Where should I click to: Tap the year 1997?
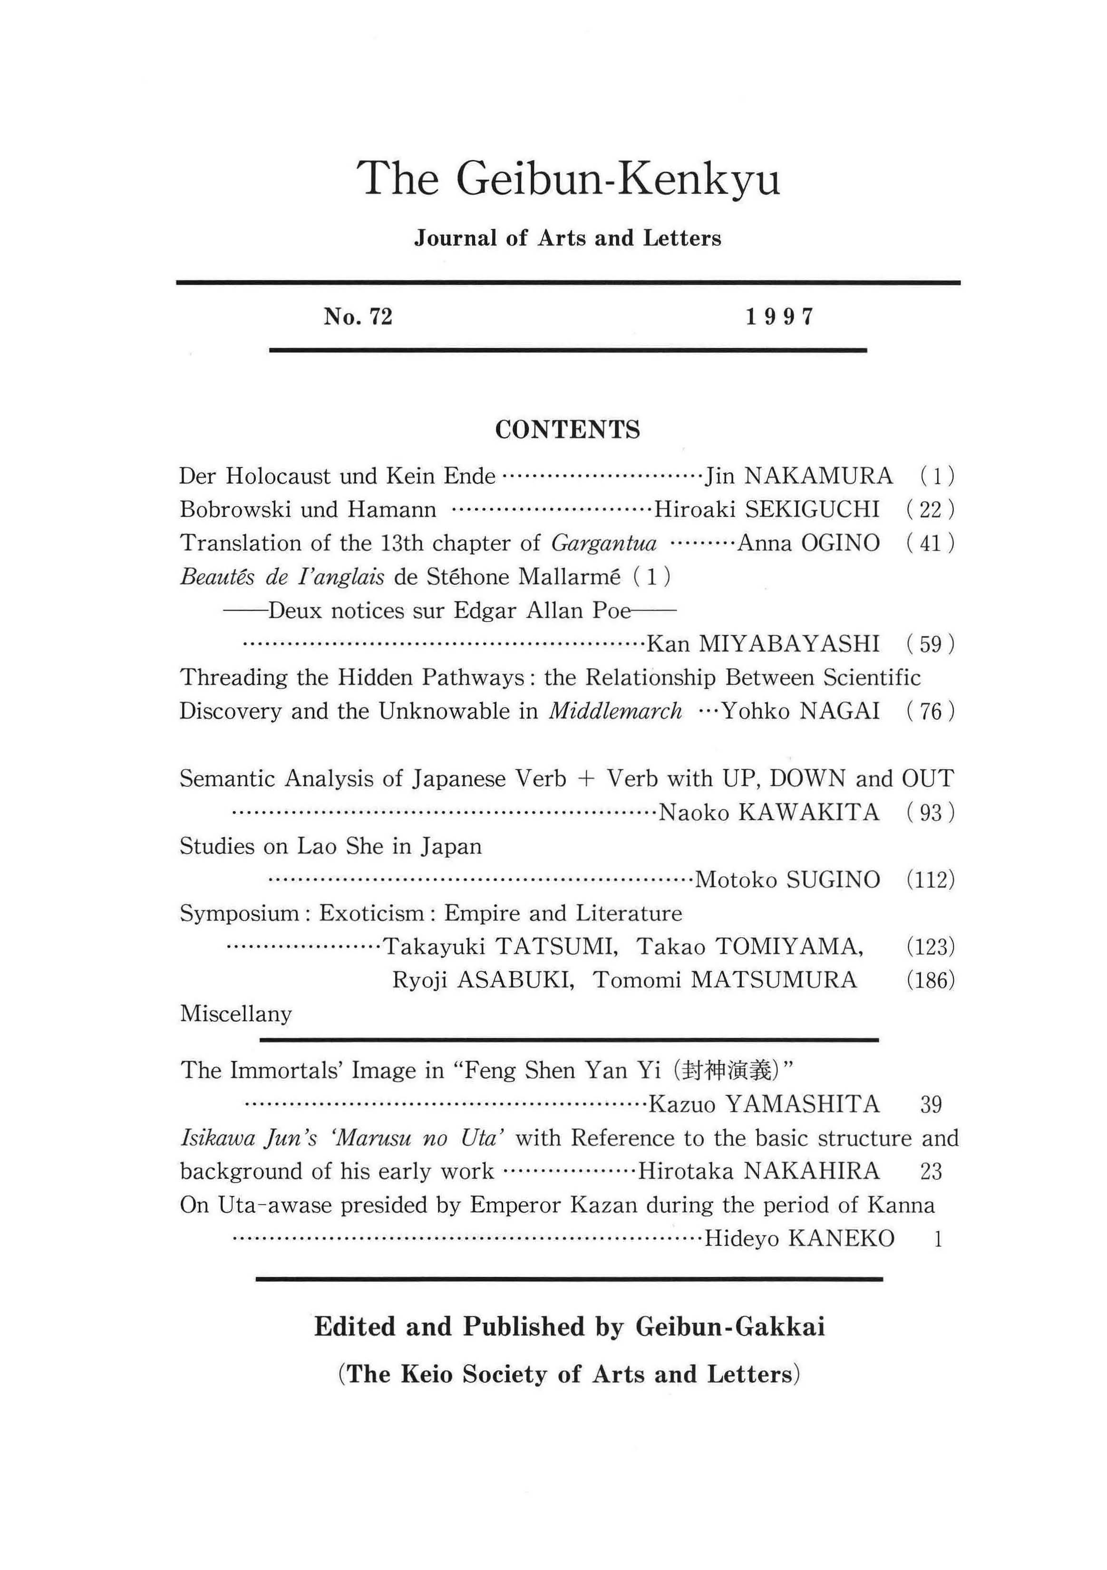coord(779,316)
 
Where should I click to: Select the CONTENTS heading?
coord(567,430)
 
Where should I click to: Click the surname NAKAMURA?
coord(818,476)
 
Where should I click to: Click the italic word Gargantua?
coord(603,544)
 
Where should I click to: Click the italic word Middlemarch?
coord(616,712)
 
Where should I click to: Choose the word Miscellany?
coord(236,1014)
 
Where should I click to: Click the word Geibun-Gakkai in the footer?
coord(730,1327)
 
